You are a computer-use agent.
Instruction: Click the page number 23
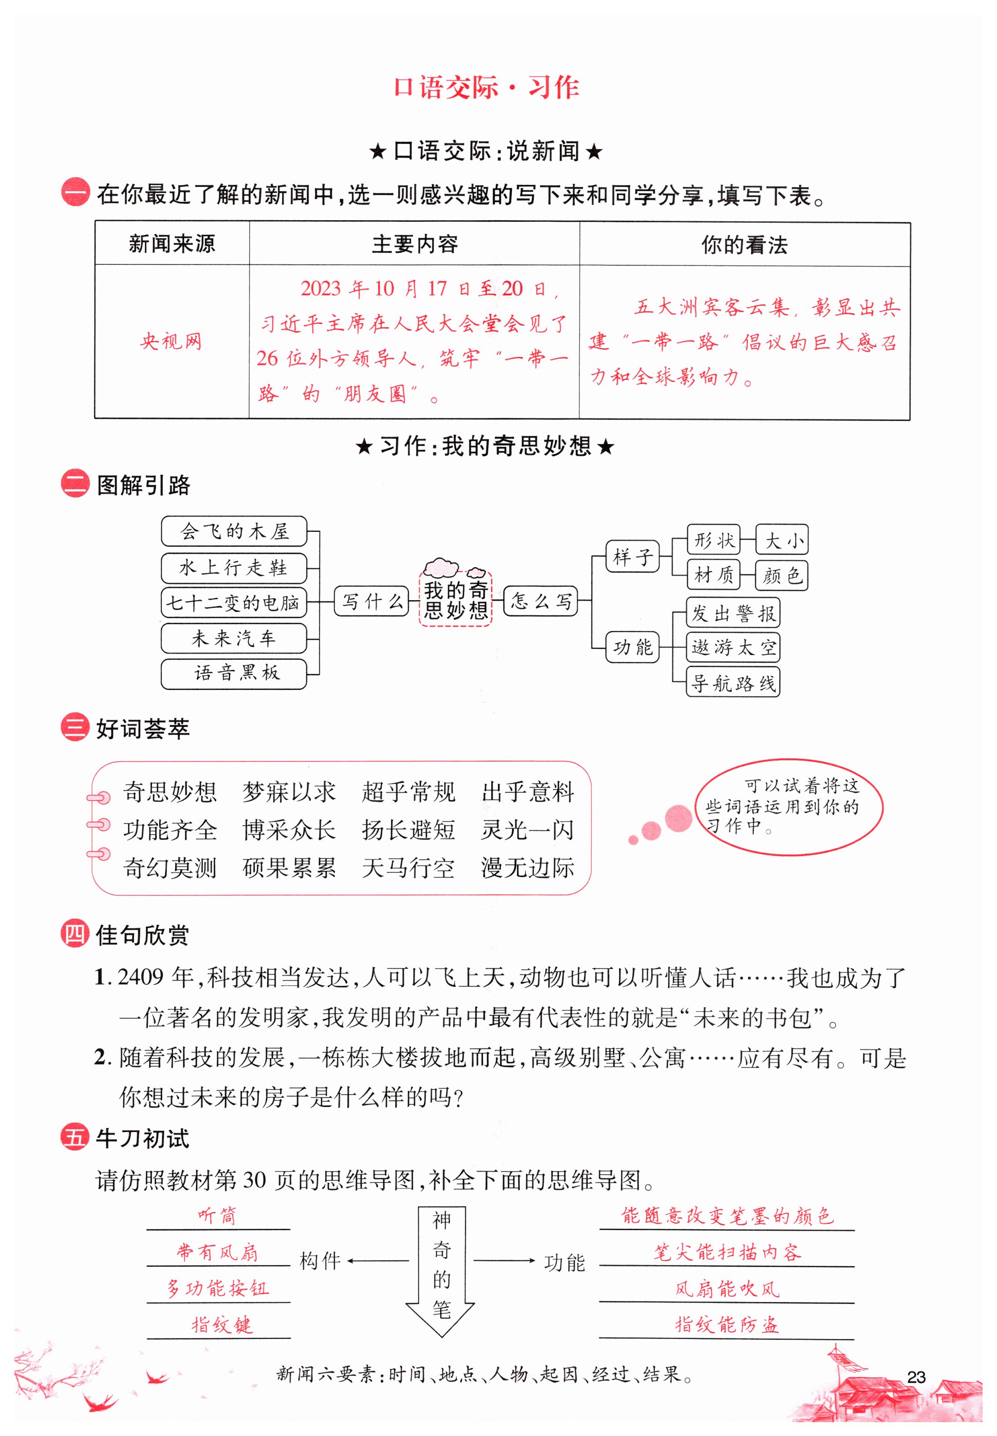915,1376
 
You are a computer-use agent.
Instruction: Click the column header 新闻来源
172,243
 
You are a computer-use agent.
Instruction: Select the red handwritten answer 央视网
171,341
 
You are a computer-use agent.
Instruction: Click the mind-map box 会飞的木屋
234,531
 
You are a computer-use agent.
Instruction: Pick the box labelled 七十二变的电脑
234,603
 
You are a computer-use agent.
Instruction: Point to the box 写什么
372,601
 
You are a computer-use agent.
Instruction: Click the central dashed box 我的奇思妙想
456,599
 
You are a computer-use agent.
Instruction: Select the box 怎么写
541,601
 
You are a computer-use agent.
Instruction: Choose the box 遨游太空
733,647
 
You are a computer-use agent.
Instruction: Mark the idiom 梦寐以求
289,792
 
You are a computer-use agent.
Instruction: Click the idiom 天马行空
408,868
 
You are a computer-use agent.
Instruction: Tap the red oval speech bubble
789,807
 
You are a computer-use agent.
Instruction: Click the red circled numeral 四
75,934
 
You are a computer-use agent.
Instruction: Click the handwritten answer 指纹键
222,1325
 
